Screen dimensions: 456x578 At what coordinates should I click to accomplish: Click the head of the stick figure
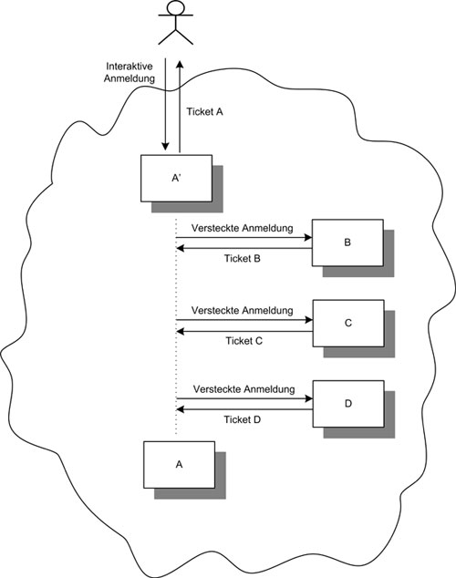[x=175, y=7]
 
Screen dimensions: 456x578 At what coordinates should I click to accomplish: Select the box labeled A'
[x=176, y=179]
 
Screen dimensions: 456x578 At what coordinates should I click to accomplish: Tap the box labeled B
[x=347, y=243]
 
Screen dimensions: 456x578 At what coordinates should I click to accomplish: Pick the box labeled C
[x=348, y=324]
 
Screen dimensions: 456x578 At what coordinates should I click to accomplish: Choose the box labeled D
[x=348, y=404]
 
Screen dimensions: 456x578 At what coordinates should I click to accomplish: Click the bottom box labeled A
[x=179, y=465]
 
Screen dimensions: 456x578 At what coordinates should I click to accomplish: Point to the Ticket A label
[x=204, y=112]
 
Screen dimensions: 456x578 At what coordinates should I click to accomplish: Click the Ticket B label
[x=243, y=258]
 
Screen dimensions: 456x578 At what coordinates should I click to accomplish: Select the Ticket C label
[x=244, y=341]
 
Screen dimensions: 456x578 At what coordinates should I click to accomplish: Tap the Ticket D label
[x=243, y=419]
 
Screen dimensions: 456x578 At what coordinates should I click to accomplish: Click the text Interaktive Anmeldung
[x=130, y=72]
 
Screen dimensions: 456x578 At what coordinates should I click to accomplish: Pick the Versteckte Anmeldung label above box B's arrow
[x=243, y=228]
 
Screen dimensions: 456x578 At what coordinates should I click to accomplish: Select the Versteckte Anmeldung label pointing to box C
[x=243, y=310]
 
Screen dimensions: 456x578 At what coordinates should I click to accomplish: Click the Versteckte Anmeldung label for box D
[x=244, y=389]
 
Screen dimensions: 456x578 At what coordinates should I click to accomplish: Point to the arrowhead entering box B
[x=308, y=238]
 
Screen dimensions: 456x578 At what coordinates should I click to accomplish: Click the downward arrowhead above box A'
[x=165, y=147]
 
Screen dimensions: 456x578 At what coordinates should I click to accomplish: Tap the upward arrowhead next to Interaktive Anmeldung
[x=180, y=65]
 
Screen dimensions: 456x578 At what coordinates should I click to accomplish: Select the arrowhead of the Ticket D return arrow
[x=181, y=409]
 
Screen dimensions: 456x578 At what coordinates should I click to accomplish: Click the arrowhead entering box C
[x=308, y=320]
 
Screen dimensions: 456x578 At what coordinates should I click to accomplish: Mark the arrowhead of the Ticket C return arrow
[x=181, y=332]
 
